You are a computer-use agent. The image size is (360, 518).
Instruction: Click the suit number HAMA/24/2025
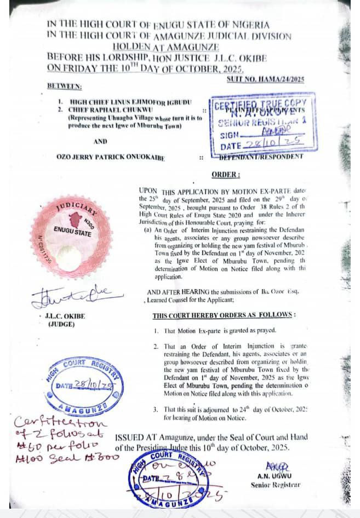click(x=266, y=80)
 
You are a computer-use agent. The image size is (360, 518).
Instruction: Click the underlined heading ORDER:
click(x=226, y=175)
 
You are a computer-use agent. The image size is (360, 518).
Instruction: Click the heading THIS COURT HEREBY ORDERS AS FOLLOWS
click(x=224, y=316)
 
